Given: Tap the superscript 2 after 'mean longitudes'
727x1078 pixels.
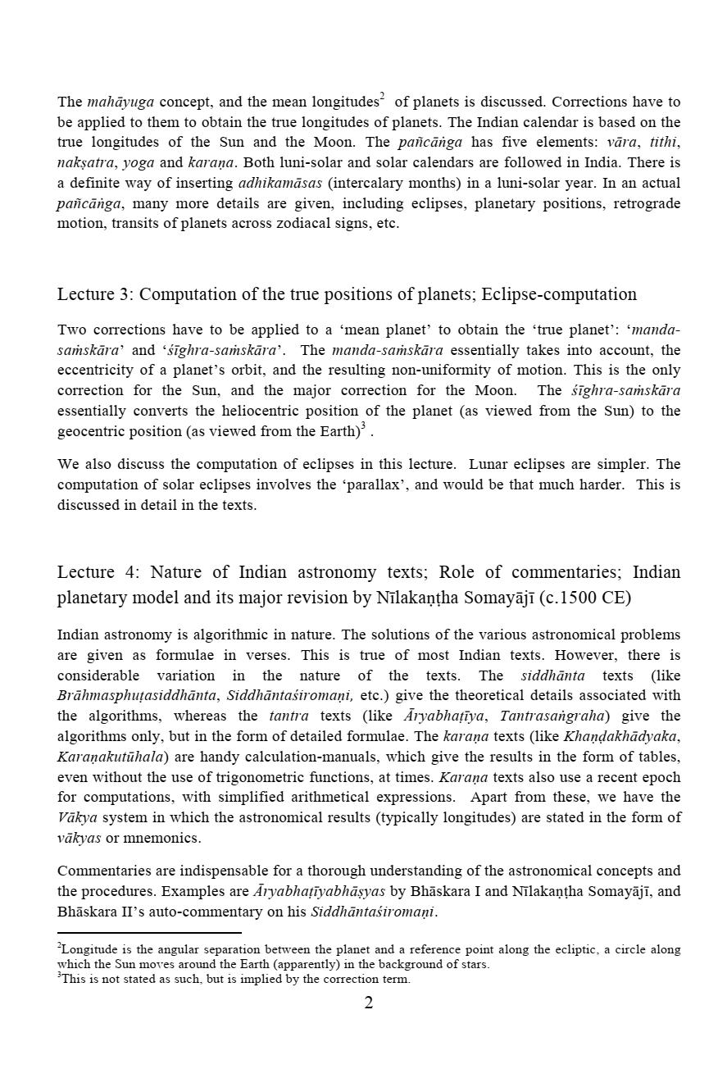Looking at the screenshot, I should coord(382,97).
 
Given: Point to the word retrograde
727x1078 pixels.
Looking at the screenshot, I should coord(647,203).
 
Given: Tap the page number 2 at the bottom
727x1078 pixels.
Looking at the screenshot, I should coord(368,1003).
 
